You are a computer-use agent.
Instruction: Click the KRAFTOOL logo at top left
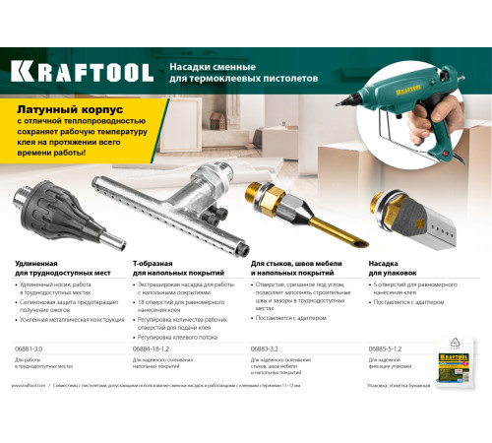83,71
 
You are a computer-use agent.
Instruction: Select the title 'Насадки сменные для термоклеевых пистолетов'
232,70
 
